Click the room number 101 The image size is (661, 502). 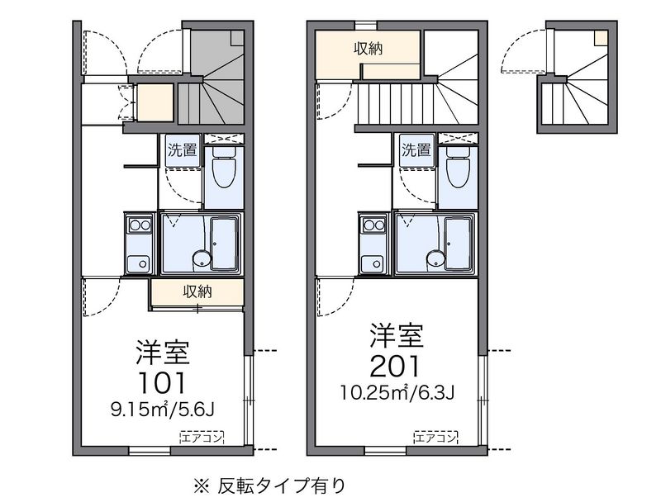pyautogui.click(x=163, y=382)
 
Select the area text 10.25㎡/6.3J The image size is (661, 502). pyautogui.click(x=397, y=391)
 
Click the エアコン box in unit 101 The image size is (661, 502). pyautogui.click(x=201, y=435)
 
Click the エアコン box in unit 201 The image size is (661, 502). pyautogui.click(x=435, y=435)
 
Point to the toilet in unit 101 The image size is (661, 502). pyautogui.click(x=222, y=171)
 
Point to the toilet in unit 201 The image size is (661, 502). pyautogui.click(x=457, y=171)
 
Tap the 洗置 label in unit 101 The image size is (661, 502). pyautogui.click(x=182, y=150)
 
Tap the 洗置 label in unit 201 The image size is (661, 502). pyautogui.click(x=416, y=150)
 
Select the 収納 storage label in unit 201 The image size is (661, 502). pyautogui.click(x=369, y=49)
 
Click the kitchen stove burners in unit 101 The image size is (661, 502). pyautogui.click(x=138, y=225)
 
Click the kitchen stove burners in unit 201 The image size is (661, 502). pyautogui.click(x=373, y=225)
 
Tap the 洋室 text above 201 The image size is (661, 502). pyautogui.click(x=397, y=336)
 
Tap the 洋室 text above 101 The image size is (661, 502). pyautogui.click(x=163, y=353)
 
